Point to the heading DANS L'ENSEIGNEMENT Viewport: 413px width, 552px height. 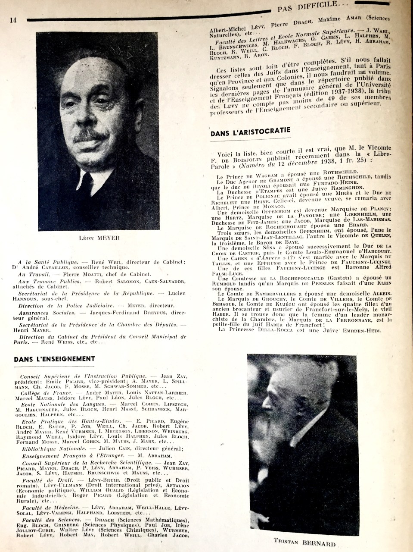[54, 358]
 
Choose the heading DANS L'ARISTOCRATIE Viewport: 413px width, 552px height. [251, 132]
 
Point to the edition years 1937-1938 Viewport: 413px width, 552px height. [335, 95]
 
